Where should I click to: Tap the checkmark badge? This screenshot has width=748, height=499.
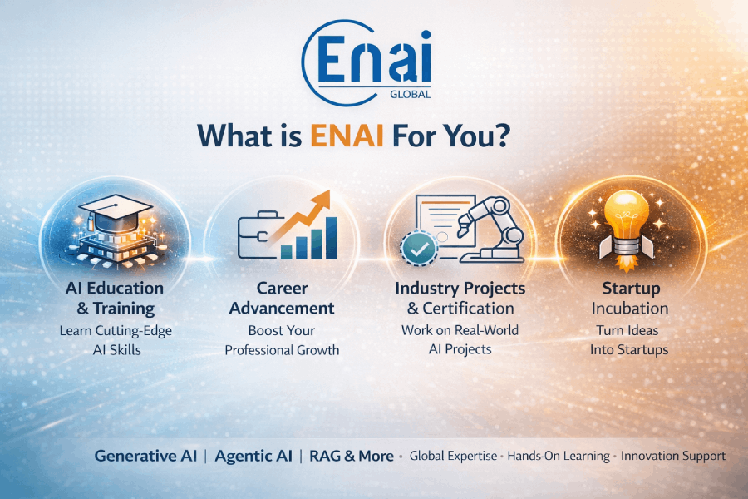[416, 248]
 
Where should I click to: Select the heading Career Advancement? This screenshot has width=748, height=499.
[282, 298]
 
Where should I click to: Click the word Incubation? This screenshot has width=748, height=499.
[632, 309]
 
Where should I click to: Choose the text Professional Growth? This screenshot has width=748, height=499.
[282, 350]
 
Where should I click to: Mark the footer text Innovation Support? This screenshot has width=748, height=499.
[673, 456]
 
